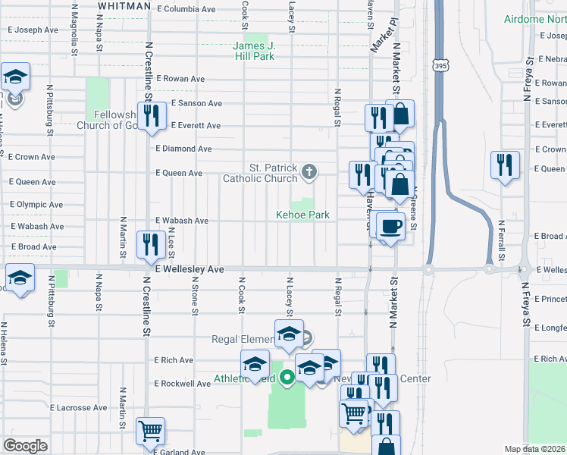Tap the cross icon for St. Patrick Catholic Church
tap(308, 171)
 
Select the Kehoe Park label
tap(302, 215)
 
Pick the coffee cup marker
tap(390, 226)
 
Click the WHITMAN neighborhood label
tap(124, 6)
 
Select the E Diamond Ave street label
tap(184, 149)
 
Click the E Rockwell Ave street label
tap(183, 384)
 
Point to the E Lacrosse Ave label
tap(79, 408)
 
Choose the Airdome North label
tap(535, 17)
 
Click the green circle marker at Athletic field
tap(287, 376)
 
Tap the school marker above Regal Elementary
tap(288, 334)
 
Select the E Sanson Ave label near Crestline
tap(196, 103)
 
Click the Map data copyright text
tap(535, 449)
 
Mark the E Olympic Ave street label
tap(36, 205)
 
